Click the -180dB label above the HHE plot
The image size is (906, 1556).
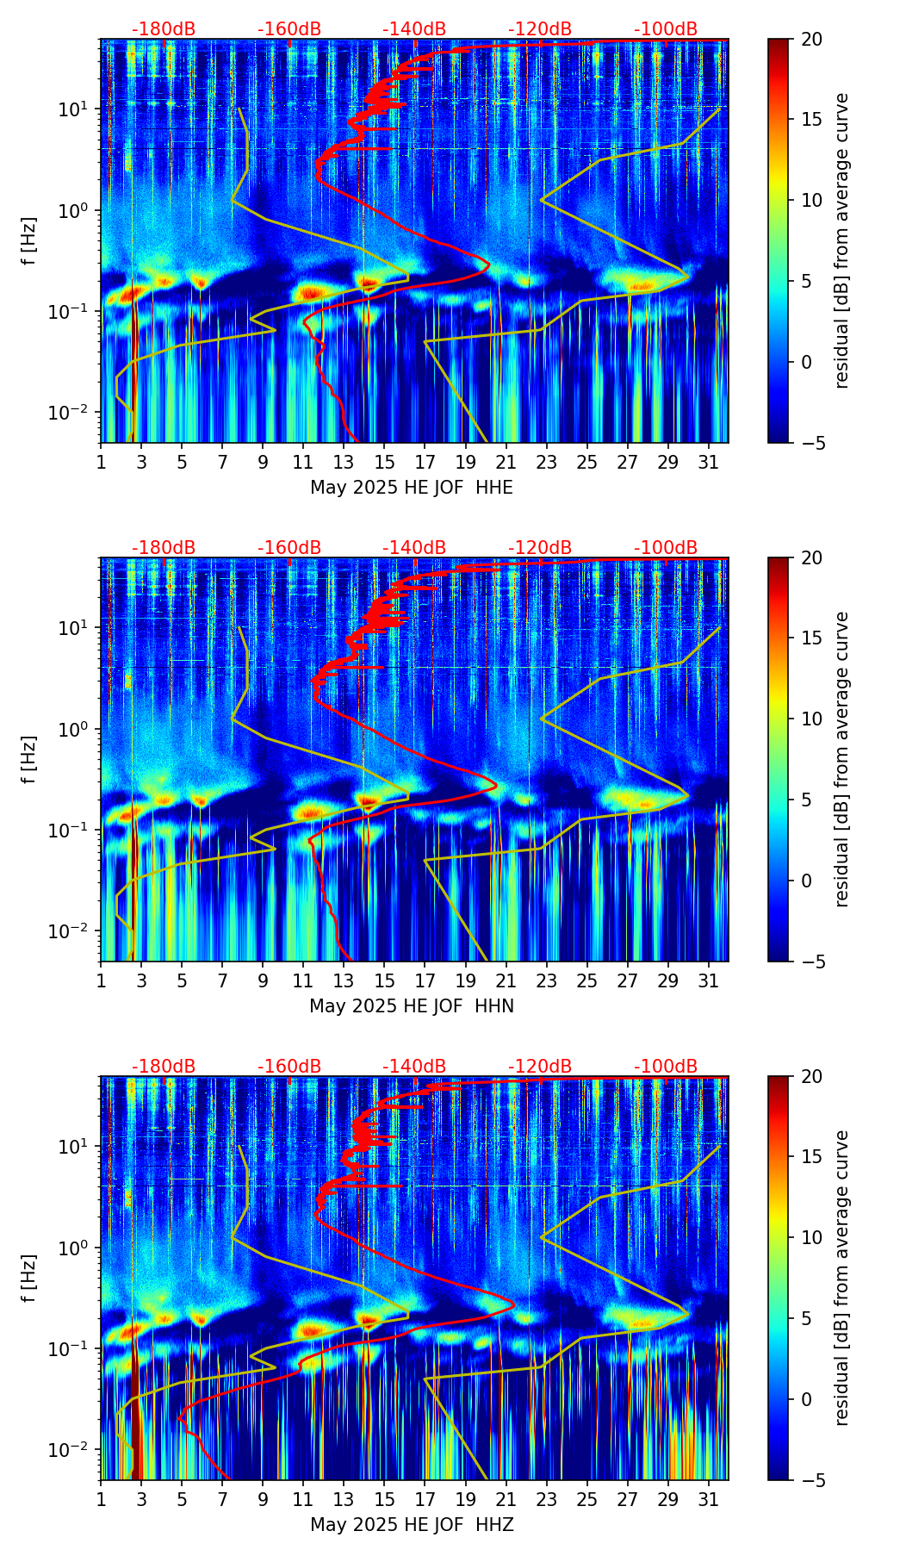coord(164,29)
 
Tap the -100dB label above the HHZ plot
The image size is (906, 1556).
coord(666,1067)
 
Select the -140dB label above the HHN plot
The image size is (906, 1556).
coord(414,548)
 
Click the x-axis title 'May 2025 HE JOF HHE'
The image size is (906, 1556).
coord(412,488)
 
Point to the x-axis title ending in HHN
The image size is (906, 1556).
coord(412,1006)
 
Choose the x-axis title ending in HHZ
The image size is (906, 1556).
coord(412,1525)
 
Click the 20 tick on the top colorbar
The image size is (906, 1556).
coord(811,40)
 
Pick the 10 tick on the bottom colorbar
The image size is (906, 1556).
coord(811,1237)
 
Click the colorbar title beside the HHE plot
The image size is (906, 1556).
coord(842,241)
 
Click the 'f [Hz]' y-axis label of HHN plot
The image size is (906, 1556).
coord(29,759)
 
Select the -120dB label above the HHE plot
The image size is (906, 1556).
coord(540,29)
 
